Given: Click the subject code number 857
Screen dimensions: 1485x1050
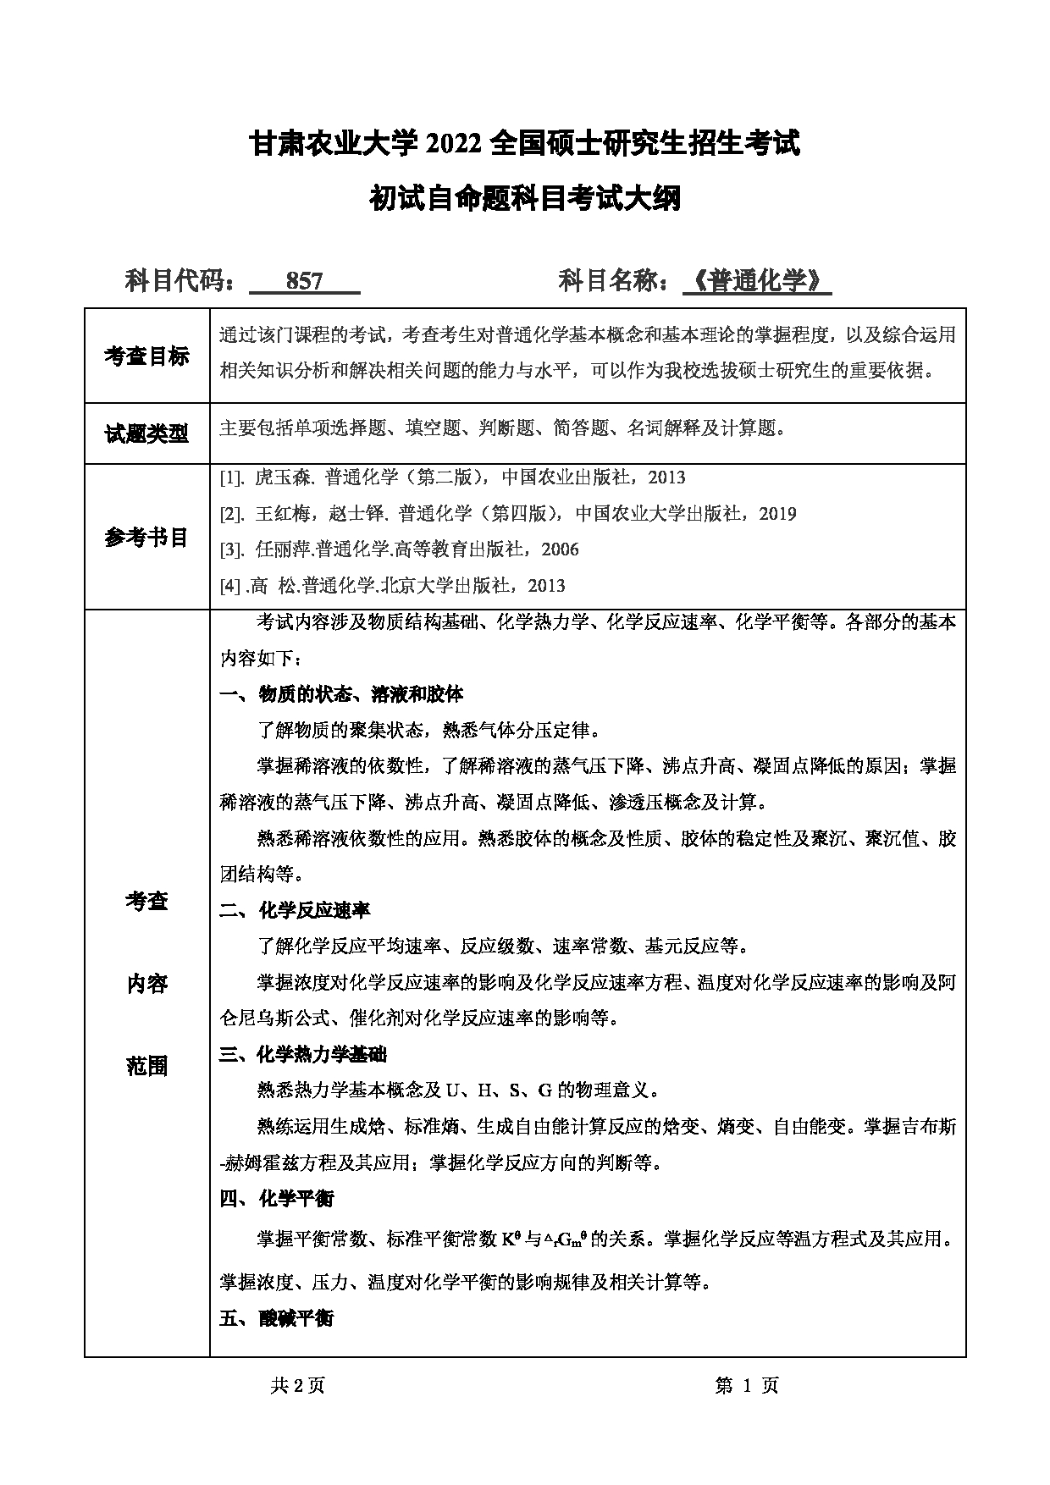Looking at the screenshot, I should point(305,282).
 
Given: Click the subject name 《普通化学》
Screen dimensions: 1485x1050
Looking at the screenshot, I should point(757,281).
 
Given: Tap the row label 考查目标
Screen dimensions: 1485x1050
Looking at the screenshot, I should point(146,356).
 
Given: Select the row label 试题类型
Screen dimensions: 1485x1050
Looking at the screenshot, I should point(146,434).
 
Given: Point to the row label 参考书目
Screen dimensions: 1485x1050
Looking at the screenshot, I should point(146,537).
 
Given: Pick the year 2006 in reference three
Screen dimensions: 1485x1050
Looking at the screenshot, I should point(561,549).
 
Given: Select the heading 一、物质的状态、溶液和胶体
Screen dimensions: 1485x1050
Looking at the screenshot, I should point(341,694).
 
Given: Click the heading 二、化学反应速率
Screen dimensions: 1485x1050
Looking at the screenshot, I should point(295,910).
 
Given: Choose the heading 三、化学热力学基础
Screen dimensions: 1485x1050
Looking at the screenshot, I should point(303,1054).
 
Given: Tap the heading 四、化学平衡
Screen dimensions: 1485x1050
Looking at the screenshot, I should point(276,1198).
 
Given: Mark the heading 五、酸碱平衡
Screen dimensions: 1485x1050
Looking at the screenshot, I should point(276,1318).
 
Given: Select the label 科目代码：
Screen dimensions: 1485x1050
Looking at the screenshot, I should point(181,281).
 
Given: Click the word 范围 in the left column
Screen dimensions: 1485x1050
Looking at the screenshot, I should point(146,1067).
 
